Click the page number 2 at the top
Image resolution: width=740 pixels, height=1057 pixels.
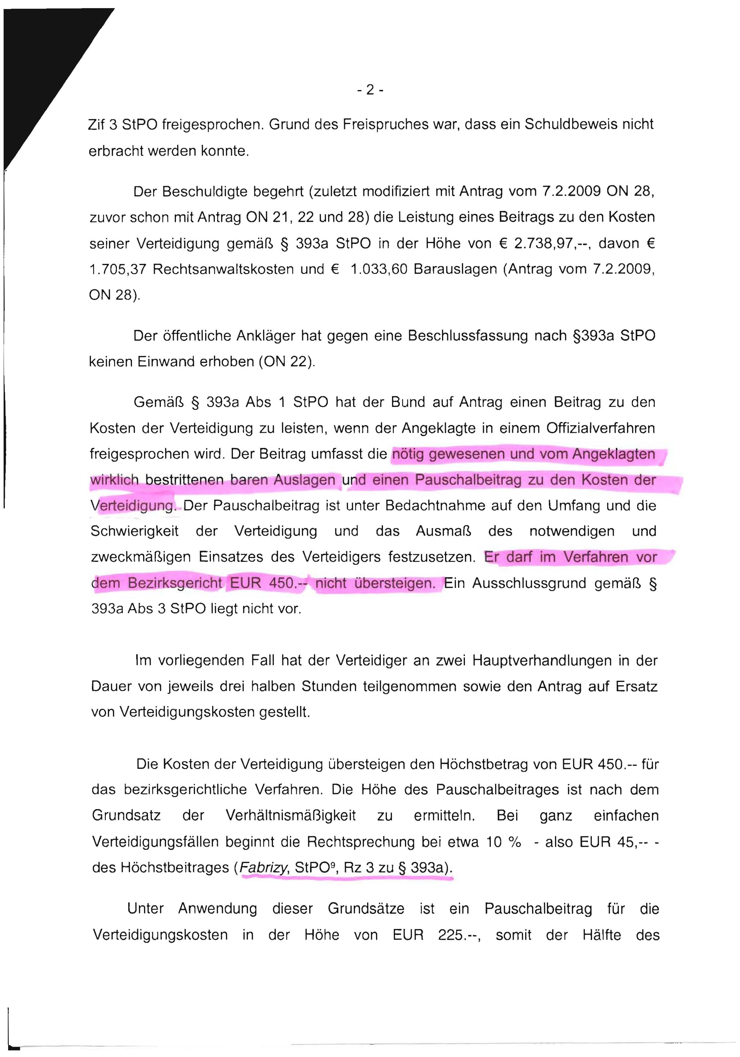coord(370,90)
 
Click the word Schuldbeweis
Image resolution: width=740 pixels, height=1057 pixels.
coord(570,124)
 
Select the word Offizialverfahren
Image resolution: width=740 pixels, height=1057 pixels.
coord(600,428)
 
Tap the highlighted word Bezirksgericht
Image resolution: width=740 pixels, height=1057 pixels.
coord(175,583)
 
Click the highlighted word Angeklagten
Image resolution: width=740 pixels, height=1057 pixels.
coord(613,454)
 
